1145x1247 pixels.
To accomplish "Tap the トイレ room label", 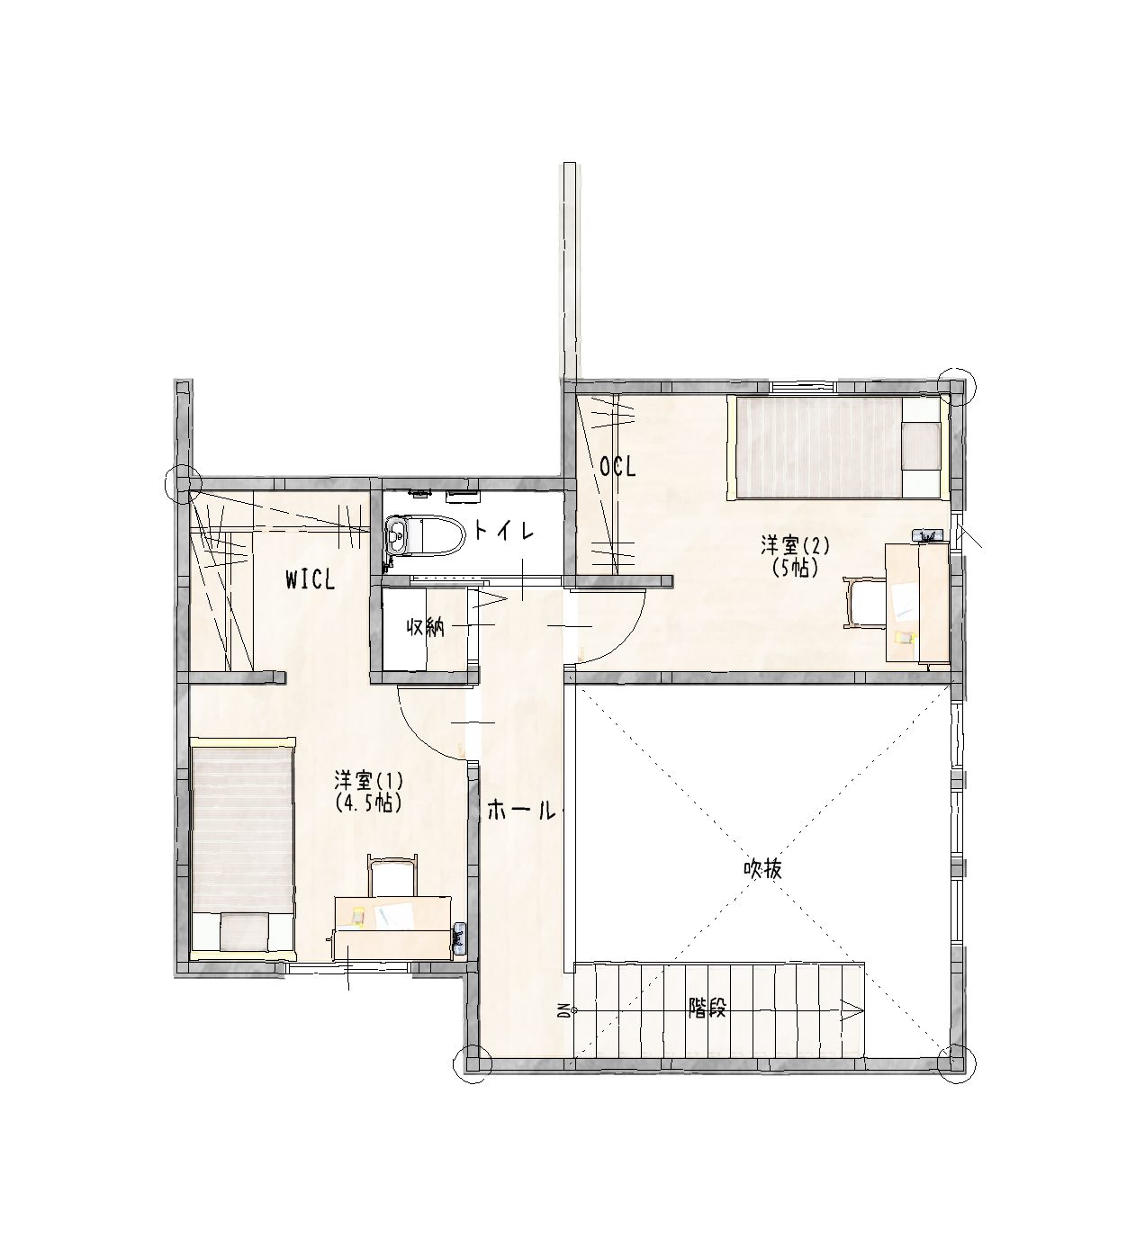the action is pos(504,531).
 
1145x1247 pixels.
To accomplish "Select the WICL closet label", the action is pos(311,580).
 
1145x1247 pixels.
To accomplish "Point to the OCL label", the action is pos(618,467).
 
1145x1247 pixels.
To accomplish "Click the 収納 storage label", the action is pos(426,628).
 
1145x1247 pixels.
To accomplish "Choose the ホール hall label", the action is pos(520,811).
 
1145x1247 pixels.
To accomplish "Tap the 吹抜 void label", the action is pos(762,870).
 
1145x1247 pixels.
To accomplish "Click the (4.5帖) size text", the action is pos(367,803).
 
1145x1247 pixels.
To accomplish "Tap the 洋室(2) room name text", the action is pos(795,546).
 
